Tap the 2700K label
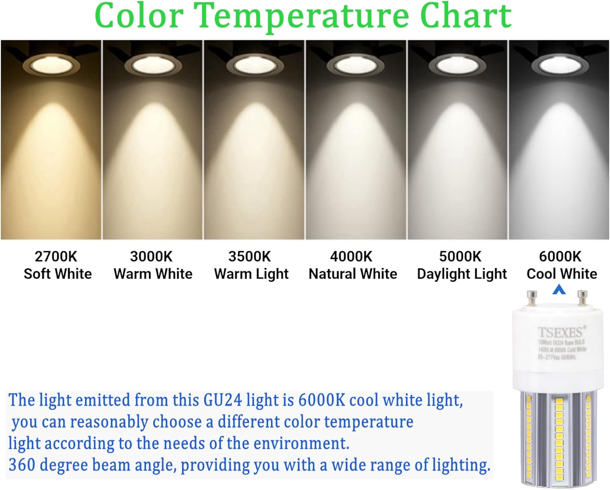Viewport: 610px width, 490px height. (56, 257)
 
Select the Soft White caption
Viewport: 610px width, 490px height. (57, 274)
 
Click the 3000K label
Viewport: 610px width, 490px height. (151, 257)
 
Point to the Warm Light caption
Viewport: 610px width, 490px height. (251, 274)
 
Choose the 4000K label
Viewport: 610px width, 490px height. (351, 257)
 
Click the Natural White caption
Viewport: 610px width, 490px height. (353, 274)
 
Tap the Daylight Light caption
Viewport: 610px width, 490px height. (462, 274)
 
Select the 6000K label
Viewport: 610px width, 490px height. (560, 257)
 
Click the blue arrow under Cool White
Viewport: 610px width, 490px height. (559, 289)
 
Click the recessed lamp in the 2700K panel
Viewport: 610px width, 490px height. (51, 64)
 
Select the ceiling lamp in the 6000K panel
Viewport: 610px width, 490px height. (559, 64)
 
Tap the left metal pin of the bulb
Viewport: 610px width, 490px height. (532, 298)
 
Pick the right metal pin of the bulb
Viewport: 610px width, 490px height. (582, 298)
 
